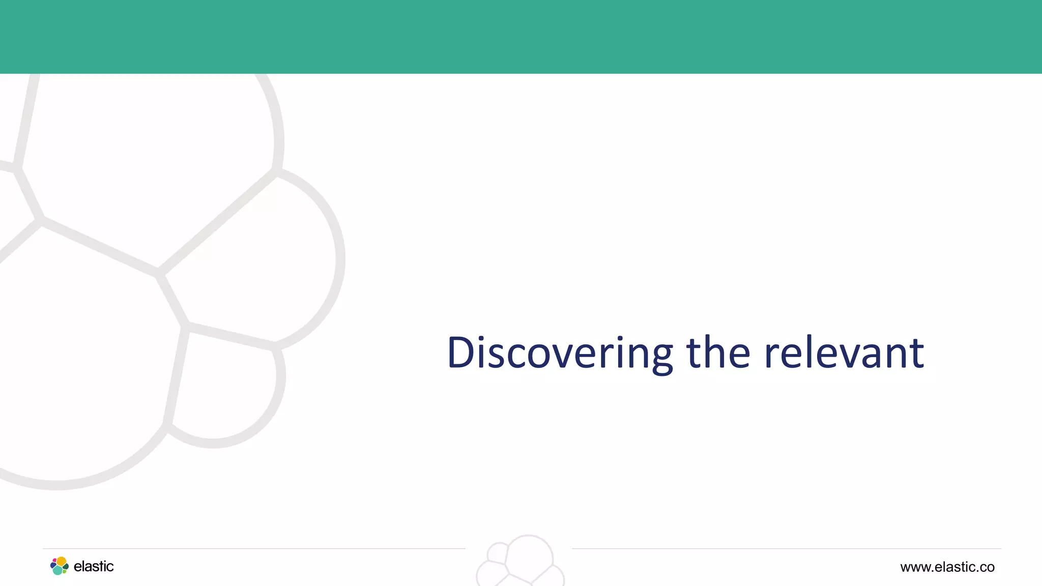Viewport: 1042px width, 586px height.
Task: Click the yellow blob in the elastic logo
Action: pos(61,562)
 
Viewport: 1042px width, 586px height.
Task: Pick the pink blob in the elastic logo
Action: pos(54,561)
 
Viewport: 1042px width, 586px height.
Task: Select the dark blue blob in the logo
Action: pos(53,566)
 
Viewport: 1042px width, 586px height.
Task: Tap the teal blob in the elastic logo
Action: pos(57,571)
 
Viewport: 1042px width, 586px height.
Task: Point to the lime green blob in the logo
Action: pos(64,571)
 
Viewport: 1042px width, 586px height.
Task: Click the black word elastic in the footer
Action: pos(94,567)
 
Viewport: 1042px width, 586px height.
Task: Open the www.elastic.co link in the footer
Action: pos(947,567)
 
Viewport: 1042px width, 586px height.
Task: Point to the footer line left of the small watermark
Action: pos(254,548)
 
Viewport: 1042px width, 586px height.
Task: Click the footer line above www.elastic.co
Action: pos(946,548)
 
